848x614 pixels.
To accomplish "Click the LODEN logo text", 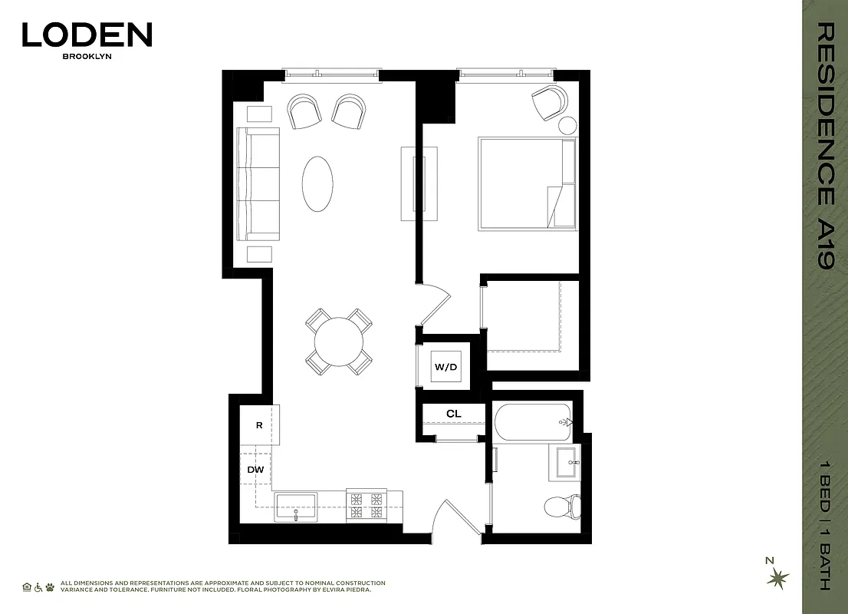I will [87, 35].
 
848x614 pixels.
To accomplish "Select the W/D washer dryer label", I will [445, 367].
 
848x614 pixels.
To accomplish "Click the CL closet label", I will [453, 414].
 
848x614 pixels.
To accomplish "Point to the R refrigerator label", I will [259, 424].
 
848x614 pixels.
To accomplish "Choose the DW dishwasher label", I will [255, 469].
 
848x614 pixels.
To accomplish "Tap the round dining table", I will [339, 340].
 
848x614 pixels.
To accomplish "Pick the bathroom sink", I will [567, 462].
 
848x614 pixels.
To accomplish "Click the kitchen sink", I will [296, 507].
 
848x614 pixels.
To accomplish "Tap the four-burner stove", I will [366, 506].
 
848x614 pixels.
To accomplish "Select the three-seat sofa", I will [258, 183].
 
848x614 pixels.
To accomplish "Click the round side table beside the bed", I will [567, 126].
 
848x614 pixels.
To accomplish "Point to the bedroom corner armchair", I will [550, 102].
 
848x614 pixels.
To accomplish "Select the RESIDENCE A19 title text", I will [824, 146].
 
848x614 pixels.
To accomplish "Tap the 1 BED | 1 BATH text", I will [824, 526].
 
